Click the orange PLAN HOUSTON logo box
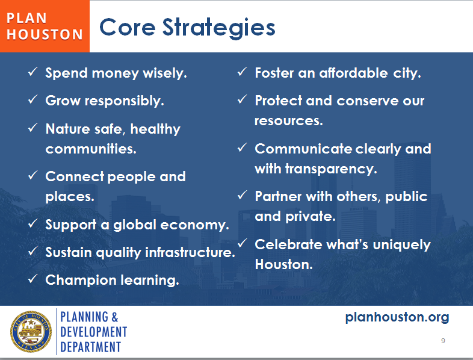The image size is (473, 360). point(45,26)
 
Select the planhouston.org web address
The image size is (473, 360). point(397,317)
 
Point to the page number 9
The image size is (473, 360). point(443,341)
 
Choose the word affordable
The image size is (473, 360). point(353,73)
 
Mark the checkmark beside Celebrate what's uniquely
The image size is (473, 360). point(242,244)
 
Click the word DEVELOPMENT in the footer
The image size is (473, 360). point(93,332)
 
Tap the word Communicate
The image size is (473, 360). point(303,149)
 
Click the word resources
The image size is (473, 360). point(288,120)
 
